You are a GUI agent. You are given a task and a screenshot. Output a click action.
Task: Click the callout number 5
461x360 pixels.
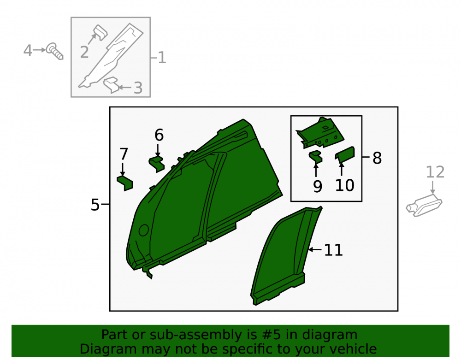[x=95, y=205]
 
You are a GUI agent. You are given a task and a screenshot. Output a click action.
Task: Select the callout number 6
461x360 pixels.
[x=159, y=135]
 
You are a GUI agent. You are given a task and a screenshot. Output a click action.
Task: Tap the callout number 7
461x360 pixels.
[x=124, y=154]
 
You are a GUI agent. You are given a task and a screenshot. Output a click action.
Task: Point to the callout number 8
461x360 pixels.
[x=377, y=158]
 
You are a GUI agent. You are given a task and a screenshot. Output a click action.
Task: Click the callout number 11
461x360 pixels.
[x=333, y=250]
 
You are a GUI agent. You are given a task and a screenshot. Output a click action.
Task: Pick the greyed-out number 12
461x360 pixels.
[x=435, y=172]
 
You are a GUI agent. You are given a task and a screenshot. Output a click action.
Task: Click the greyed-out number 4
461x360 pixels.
[x=28, y=50]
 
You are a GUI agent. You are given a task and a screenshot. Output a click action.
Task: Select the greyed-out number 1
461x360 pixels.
[x=162, y=58]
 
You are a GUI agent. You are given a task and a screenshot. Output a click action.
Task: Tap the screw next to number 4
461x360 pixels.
[x=55, y=51]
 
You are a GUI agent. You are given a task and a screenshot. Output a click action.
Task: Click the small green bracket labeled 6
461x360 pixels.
[x=156, y=164]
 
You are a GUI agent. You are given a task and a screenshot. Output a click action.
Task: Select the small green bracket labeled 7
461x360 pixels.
[x=125, y=183]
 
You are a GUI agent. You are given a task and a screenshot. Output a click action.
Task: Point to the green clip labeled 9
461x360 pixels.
[x=315, y=157]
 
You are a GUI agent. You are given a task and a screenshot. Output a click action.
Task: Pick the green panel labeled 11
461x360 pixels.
[x=287, y=256]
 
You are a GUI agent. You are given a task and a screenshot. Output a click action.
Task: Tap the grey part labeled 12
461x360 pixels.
[x=424, y=206]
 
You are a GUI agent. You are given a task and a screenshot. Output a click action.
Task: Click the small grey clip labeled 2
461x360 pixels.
[x=100, y=32]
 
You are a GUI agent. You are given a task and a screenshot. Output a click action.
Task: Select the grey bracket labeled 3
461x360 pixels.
[x=112, y=85]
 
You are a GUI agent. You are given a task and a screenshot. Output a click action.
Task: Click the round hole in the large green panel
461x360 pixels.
[x=144, y=230]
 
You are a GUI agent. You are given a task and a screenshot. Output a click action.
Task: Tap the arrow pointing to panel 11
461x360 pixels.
[x=315, y=249]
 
